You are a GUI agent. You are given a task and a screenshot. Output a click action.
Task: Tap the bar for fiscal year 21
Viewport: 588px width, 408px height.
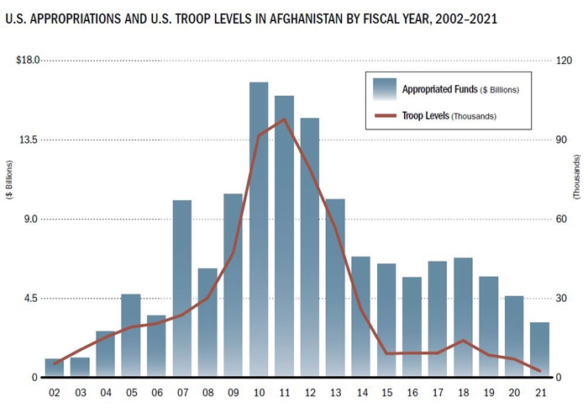click(539, 349)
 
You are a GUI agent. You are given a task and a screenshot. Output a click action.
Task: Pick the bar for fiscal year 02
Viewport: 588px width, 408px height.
click(55, 368)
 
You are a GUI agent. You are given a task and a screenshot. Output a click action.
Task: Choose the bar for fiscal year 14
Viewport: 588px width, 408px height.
click(360, 316)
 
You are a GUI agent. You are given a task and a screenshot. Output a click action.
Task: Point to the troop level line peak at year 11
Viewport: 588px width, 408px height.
click(284, 119)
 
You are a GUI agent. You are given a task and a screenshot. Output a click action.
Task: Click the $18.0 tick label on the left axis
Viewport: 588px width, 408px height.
click(30, 61)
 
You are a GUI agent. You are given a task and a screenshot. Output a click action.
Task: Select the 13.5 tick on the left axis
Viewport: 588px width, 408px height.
click(32, 140)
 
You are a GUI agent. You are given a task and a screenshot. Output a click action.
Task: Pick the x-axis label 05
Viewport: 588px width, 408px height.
click(130, 392)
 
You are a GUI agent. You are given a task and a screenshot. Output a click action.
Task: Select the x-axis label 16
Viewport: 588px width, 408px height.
click(412, 392)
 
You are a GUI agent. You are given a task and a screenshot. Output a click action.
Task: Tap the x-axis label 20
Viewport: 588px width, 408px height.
click(514, 392)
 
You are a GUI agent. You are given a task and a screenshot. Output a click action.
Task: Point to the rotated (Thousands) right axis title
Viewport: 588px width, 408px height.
click(576, 178)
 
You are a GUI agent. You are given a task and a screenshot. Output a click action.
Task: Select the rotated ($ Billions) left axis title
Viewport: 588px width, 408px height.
click(9, 178)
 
